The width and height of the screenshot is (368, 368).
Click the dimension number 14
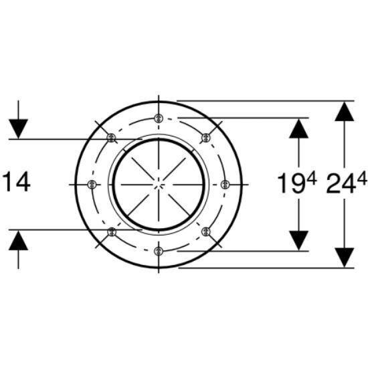pos(17,181)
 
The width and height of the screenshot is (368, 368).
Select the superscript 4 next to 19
pos(312,178)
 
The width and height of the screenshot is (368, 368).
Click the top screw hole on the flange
pos(159,118)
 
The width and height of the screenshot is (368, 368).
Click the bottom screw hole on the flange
pos(159,251)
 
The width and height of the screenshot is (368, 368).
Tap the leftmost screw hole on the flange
pos(92,184)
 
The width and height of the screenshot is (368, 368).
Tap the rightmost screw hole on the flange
pos(225,185)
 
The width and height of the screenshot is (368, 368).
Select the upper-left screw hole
pos(111,137)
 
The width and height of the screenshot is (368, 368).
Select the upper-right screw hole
pos(206,137)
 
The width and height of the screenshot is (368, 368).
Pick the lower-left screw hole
pos(112,232)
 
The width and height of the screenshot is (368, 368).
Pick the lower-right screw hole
pos(206,232)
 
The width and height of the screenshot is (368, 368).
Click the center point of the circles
pos(159,185)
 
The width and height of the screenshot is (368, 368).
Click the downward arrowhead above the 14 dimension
pos(18,129)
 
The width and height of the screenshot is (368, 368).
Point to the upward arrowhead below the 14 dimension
pos(18,240)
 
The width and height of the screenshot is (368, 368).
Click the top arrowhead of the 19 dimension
pos(299,128)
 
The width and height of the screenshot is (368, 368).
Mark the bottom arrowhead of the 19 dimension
pos(299,241)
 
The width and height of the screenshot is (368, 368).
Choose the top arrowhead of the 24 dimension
pos(345,112)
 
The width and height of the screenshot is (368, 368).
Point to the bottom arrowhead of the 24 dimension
pos(345,258)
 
